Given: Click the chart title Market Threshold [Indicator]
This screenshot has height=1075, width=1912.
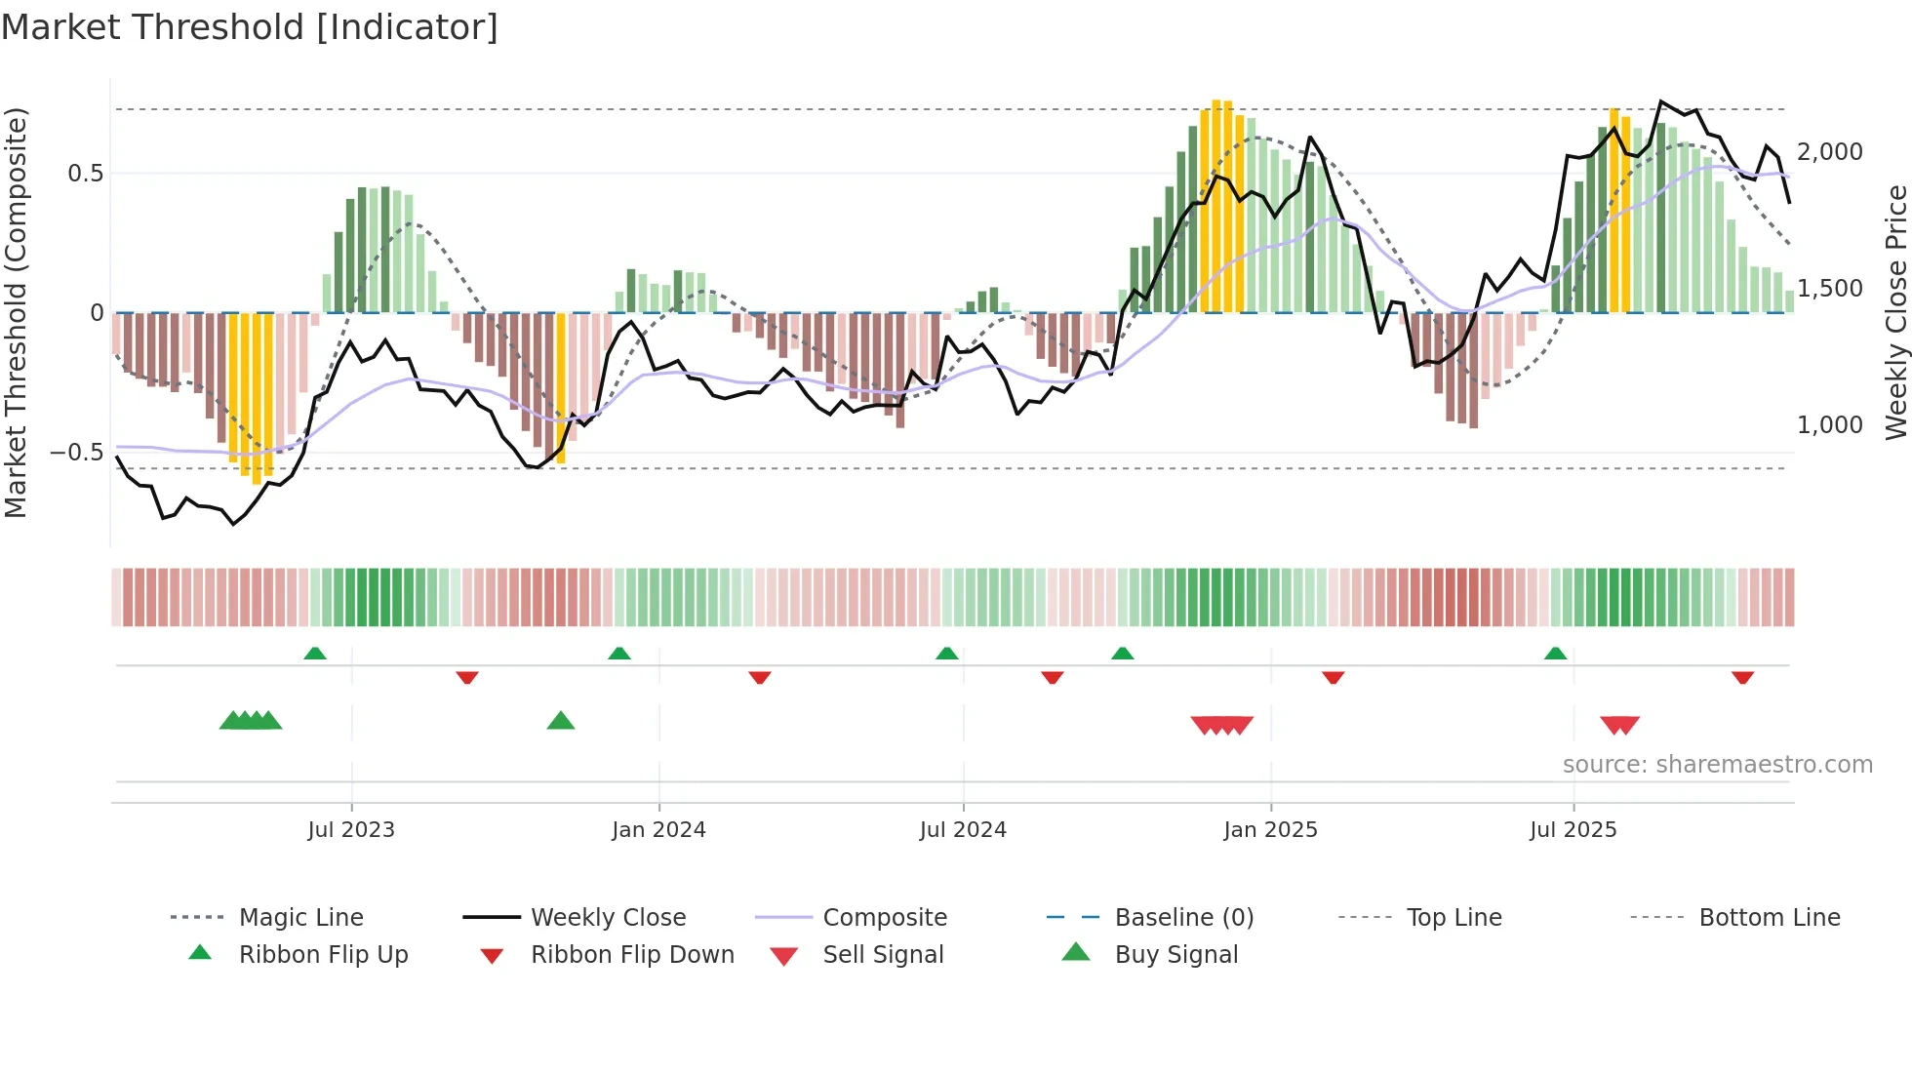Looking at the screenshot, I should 250,27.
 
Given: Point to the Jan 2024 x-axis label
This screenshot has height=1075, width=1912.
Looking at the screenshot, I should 658,830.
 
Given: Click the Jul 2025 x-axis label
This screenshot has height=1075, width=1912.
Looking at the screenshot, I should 1573,830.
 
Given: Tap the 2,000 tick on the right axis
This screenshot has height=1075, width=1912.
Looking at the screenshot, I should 1829,152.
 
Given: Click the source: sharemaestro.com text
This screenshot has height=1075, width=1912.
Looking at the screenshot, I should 1717,765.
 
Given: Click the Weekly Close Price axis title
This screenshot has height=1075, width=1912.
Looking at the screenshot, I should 1895,312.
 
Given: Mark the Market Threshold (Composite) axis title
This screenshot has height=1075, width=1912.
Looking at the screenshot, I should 16,312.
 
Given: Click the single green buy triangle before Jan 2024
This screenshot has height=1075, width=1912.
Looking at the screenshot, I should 561,721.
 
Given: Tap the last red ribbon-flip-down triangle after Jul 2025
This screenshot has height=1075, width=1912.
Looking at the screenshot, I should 1742,677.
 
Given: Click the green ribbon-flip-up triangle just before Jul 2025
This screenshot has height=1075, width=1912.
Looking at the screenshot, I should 1555,654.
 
